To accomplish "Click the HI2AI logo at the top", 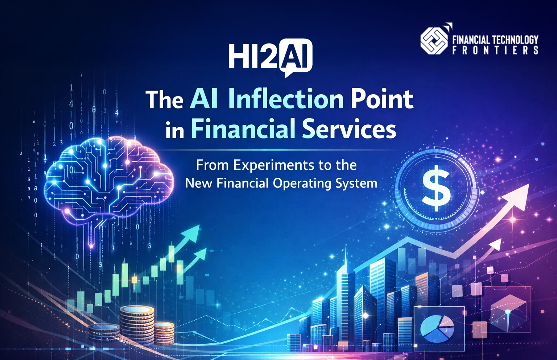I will point(270,56).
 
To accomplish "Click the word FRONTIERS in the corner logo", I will point(495,50).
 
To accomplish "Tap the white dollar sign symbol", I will point(437,188).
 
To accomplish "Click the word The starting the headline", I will point(164,100).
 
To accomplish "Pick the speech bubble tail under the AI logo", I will point(288,74).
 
